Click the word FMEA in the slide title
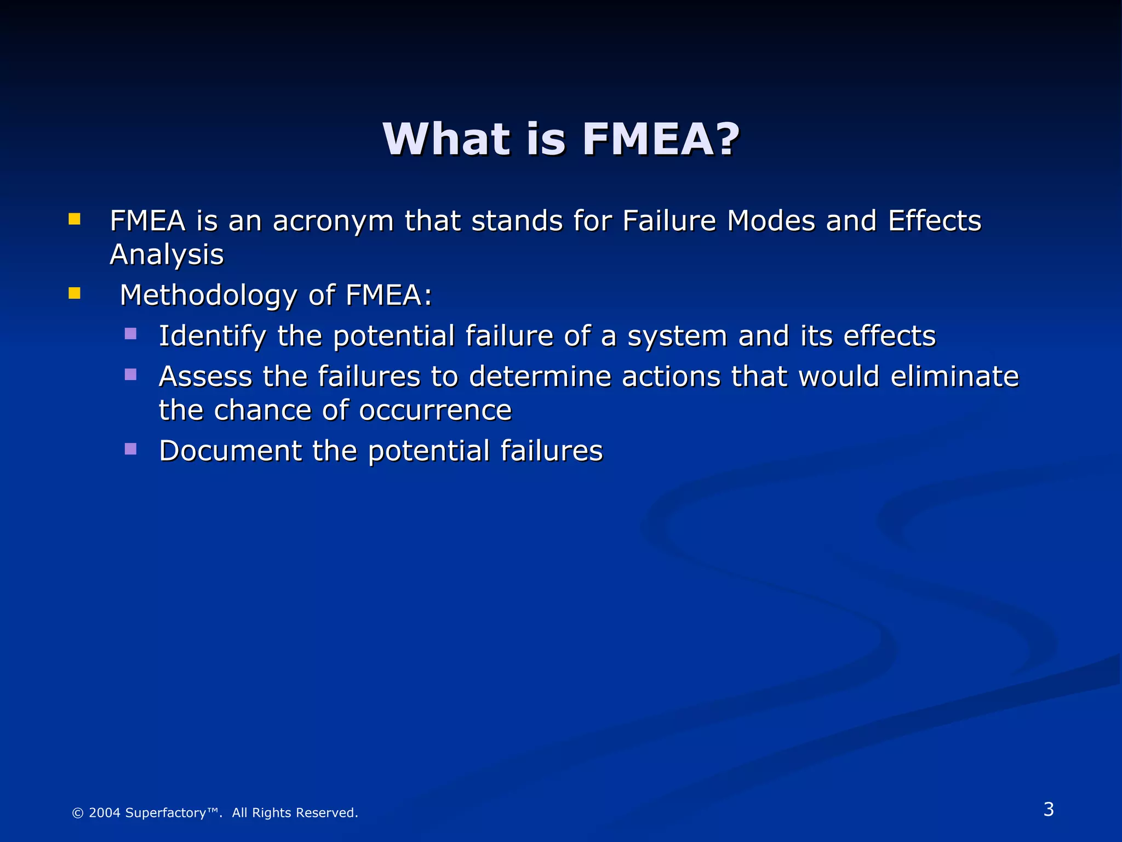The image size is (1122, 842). (646, 139)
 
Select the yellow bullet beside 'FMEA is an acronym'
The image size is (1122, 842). (75, 220)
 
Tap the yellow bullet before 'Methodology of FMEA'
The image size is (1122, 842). (75, 294)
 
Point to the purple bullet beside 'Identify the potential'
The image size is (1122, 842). (130, 334)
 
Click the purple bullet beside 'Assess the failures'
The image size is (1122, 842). (130, 374)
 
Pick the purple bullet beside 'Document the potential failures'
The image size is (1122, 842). (130, 449)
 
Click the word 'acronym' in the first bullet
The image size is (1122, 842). (333, 222)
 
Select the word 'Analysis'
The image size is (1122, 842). (167, 255)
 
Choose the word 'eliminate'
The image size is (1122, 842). (954, 377)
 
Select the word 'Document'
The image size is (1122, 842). (230, 451)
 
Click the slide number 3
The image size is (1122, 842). (1049, 809)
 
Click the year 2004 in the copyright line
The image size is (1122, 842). (104, 813)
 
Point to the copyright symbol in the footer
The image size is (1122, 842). (78, 813)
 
